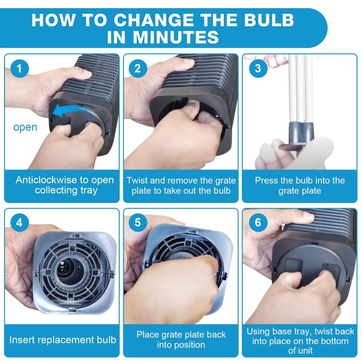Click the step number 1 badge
(19, 68)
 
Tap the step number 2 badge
(138, 68)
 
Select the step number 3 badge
(258, 68)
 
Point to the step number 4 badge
(19, 223)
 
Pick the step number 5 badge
(138, 223)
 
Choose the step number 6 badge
(258, 223)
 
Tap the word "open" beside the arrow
(25, 127)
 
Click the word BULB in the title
(269, 20)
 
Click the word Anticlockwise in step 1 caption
(46, 180)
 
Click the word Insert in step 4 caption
(21, 340)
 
